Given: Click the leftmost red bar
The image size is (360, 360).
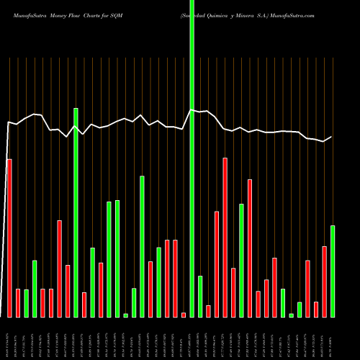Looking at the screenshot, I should pos(9,238).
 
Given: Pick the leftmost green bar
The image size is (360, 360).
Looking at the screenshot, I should pos(26,303).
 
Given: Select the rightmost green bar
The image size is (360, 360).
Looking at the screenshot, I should pos(333,271).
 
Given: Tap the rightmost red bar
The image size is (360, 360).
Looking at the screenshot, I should pos(324,282).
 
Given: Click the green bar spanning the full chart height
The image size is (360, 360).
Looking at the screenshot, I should pos(192,158).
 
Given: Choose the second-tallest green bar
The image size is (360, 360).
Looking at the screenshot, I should pos(76,212).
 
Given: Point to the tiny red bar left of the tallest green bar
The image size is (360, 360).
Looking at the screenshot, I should pos(184,315).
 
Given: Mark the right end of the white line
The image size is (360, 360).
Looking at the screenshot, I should pos(332,137).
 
